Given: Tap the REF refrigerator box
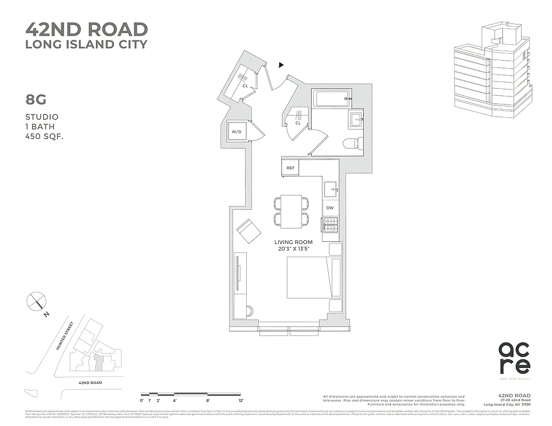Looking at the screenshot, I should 290,168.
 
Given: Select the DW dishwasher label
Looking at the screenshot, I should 330,208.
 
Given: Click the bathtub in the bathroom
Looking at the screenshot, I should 330,99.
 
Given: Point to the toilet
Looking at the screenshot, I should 354,143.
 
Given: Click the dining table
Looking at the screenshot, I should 291,210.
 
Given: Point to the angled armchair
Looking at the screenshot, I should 248,231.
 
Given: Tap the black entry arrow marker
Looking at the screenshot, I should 281,65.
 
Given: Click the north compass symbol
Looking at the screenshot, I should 37,302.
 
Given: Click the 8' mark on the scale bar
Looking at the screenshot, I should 208,399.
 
